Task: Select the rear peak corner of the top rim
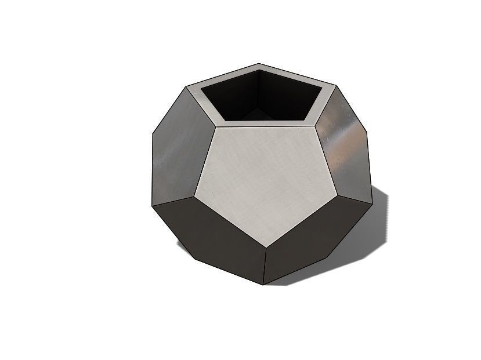pyautogui.click(x=259, y=64)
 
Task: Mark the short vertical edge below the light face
pyautogui.click(x=265, y=267)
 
